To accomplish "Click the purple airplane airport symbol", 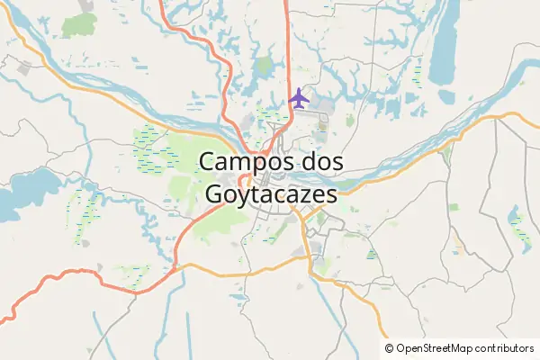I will [x=300, y=97].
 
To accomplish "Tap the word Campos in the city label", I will [x=246, y=162].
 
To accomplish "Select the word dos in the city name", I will [x=321, y=162].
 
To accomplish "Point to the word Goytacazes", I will [x=271, y=193].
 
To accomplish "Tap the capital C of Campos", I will [x=209, y=162].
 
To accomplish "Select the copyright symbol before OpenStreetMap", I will [x=389, y=348].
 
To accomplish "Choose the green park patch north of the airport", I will [x=263, y=66].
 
